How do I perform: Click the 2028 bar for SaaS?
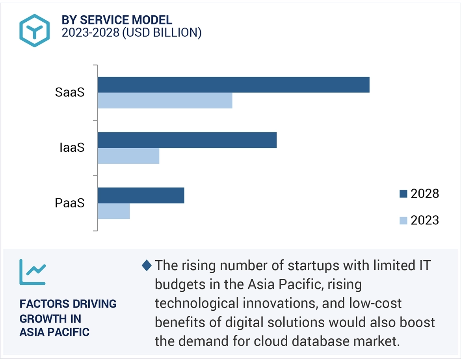pos(233,85)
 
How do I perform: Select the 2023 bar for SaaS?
pos(165,101)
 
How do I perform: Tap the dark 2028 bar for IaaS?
pos(187,140)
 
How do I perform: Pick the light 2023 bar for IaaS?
pos(128,156)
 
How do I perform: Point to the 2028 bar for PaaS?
pos(141,196)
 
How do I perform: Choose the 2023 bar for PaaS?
pos(113,211)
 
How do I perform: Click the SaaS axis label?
pos(70,93)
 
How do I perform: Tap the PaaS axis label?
pos(70,203)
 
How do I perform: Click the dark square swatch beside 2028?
pos(403,194)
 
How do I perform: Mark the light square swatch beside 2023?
pos(403,220)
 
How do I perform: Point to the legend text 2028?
pos(425,194)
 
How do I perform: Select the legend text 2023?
pos(425,220)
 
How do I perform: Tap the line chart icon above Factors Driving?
pos(32,272)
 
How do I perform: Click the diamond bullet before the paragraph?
pos(147,266)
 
